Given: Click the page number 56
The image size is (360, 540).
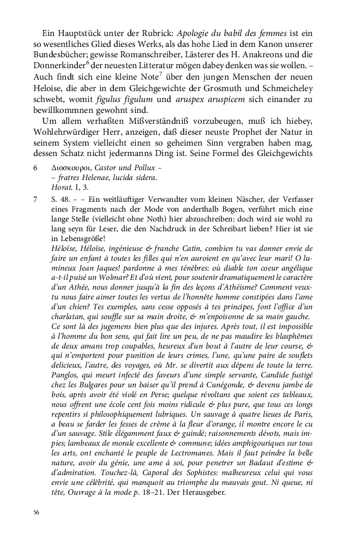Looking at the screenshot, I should [36, 512].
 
